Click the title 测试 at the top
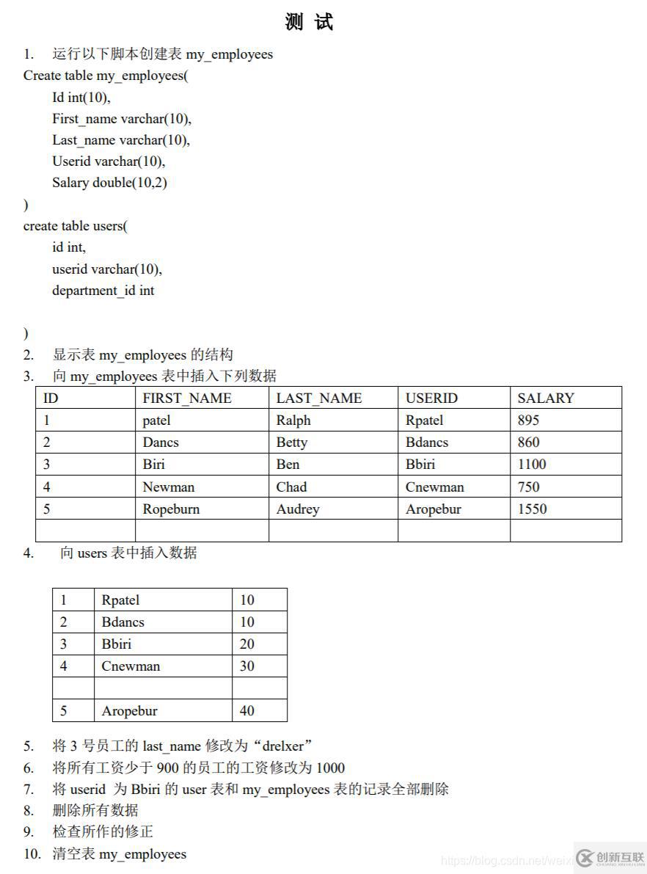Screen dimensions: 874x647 309,23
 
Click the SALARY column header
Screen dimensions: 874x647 545,398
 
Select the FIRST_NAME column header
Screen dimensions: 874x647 186,398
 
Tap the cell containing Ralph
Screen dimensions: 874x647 293,420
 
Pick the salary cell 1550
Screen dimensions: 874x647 532,509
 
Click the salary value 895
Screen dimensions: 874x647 528,420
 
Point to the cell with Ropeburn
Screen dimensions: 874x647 171,509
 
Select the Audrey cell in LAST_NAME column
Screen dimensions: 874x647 297,509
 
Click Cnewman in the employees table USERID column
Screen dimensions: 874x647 434,487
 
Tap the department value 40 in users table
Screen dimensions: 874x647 247,711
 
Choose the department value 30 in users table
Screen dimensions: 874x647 247,666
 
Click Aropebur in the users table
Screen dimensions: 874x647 129,711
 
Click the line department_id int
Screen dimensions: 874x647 103,291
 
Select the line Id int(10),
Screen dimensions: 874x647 81,98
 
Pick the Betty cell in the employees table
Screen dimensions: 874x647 291,443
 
